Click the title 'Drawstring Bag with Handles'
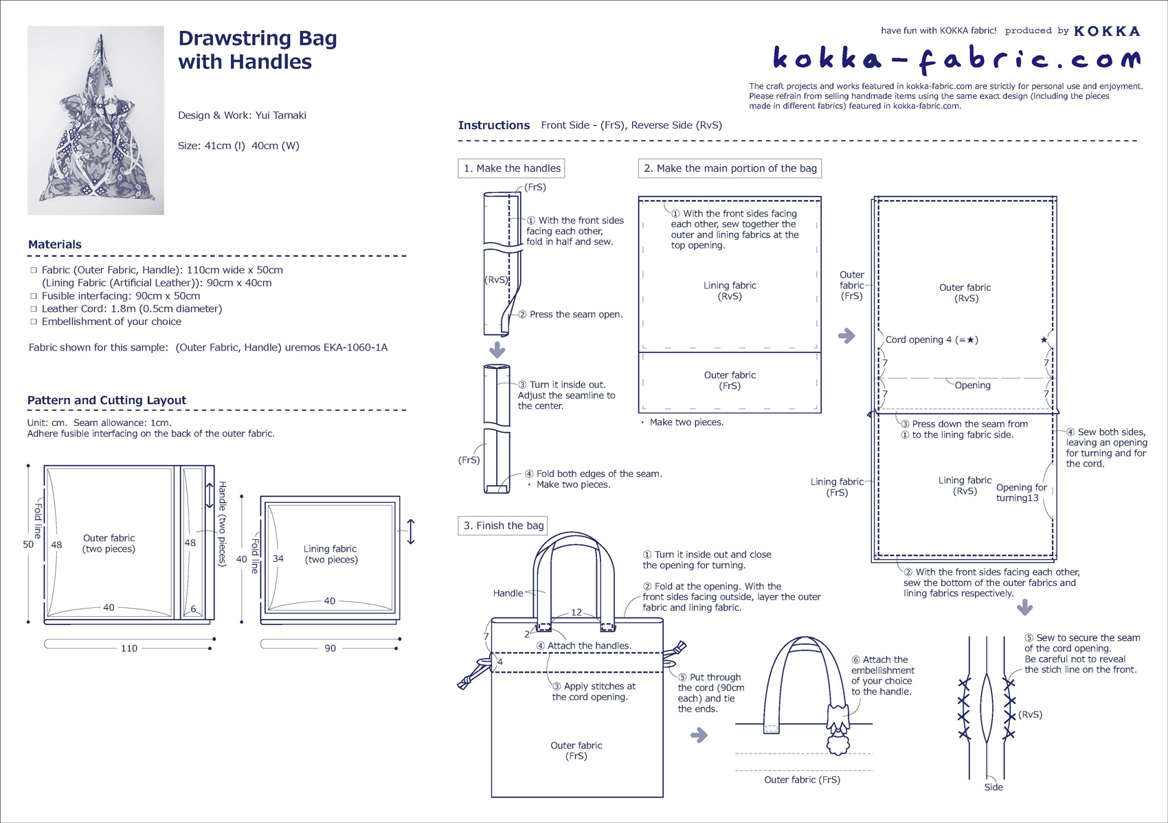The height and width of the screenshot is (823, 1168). click(258, 49)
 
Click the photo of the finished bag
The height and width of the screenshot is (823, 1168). click(96, 120)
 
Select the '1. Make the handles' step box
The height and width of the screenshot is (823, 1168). click(511, 168)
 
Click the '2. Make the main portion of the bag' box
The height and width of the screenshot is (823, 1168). click(730, 168)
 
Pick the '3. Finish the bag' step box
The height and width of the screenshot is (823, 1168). click(503, 526)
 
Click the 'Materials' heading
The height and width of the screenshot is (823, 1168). click(55, 245)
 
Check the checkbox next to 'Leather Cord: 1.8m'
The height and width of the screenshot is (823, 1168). click(34, 309)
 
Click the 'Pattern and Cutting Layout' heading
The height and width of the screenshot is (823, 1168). click(106, 401)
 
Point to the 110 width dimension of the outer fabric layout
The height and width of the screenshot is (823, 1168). click(129, 648)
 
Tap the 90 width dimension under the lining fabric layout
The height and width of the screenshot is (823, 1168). click(330, 648)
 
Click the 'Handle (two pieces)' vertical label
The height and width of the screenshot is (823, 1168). click(222, 523)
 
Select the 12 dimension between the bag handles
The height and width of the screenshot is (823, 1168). click(576, 612)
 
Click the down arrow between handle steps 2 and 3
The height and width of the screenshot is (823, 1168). click(497, 350)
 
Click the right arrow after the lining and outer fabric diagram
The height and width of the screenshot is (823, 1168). click(846, 336)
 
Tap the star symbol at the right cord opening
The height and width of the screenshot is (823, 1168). click(1044, 340)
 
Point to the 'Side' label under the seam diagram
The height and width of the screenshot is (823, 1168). click(993, 787)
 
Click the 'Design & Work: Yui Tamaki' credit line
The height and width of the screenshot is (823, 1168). click(242, 115)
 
